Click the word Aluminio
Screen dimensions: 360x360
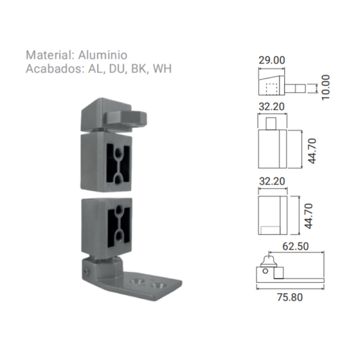click(x=103, y=55)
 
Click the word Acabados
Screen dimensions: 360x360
click(x=55, y=68)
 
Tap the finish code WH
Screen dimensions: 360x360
click(x=163, y=68)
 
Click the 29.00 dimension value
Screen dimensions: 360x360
click(x=272, y=60)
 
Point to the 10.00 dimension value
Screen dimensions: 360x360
click(x=326, y=87)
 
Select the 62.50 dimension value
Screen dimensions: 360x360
click(x=295, y=247)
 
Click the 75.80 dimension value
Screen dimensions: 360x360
click(x=290, y=297)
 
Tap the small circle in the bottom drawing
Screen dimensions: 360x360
click(x=265, y=271)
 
